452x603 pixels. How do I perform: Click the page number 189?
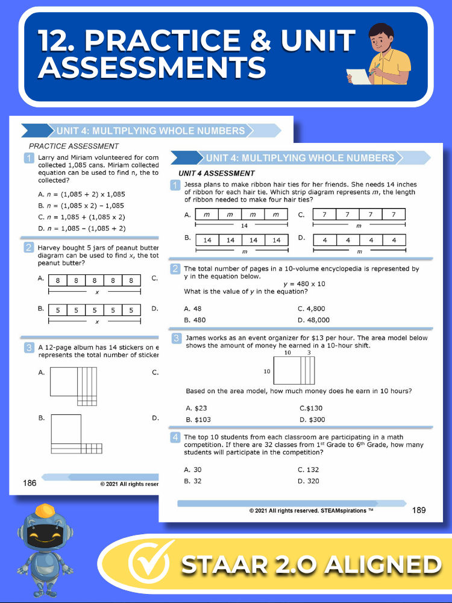(419, 510)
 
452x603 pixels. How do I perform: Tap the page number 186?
(30, 482)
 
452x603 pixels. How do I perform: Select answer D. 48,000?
(314, 320)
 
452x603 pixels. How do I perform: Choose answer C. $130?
(310, 408)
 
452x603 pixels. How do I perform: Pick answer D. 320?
(309, 481)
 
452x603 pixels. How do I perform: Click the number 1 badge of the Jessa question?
(175, 185)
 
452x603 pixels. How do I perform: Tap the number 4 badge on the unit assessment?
(175, 437)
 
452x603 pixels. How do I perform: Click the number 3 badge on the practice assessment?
(28, 348)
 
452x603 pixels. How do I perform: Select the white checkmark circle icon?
(148, 564)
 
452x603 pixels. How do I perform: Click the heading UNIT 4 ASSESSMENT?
(221, 174)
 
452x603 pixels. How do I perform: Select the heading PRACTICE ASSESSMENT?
(74, 146)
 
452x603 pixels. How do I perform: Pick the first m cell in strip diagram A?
(206, 215)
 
